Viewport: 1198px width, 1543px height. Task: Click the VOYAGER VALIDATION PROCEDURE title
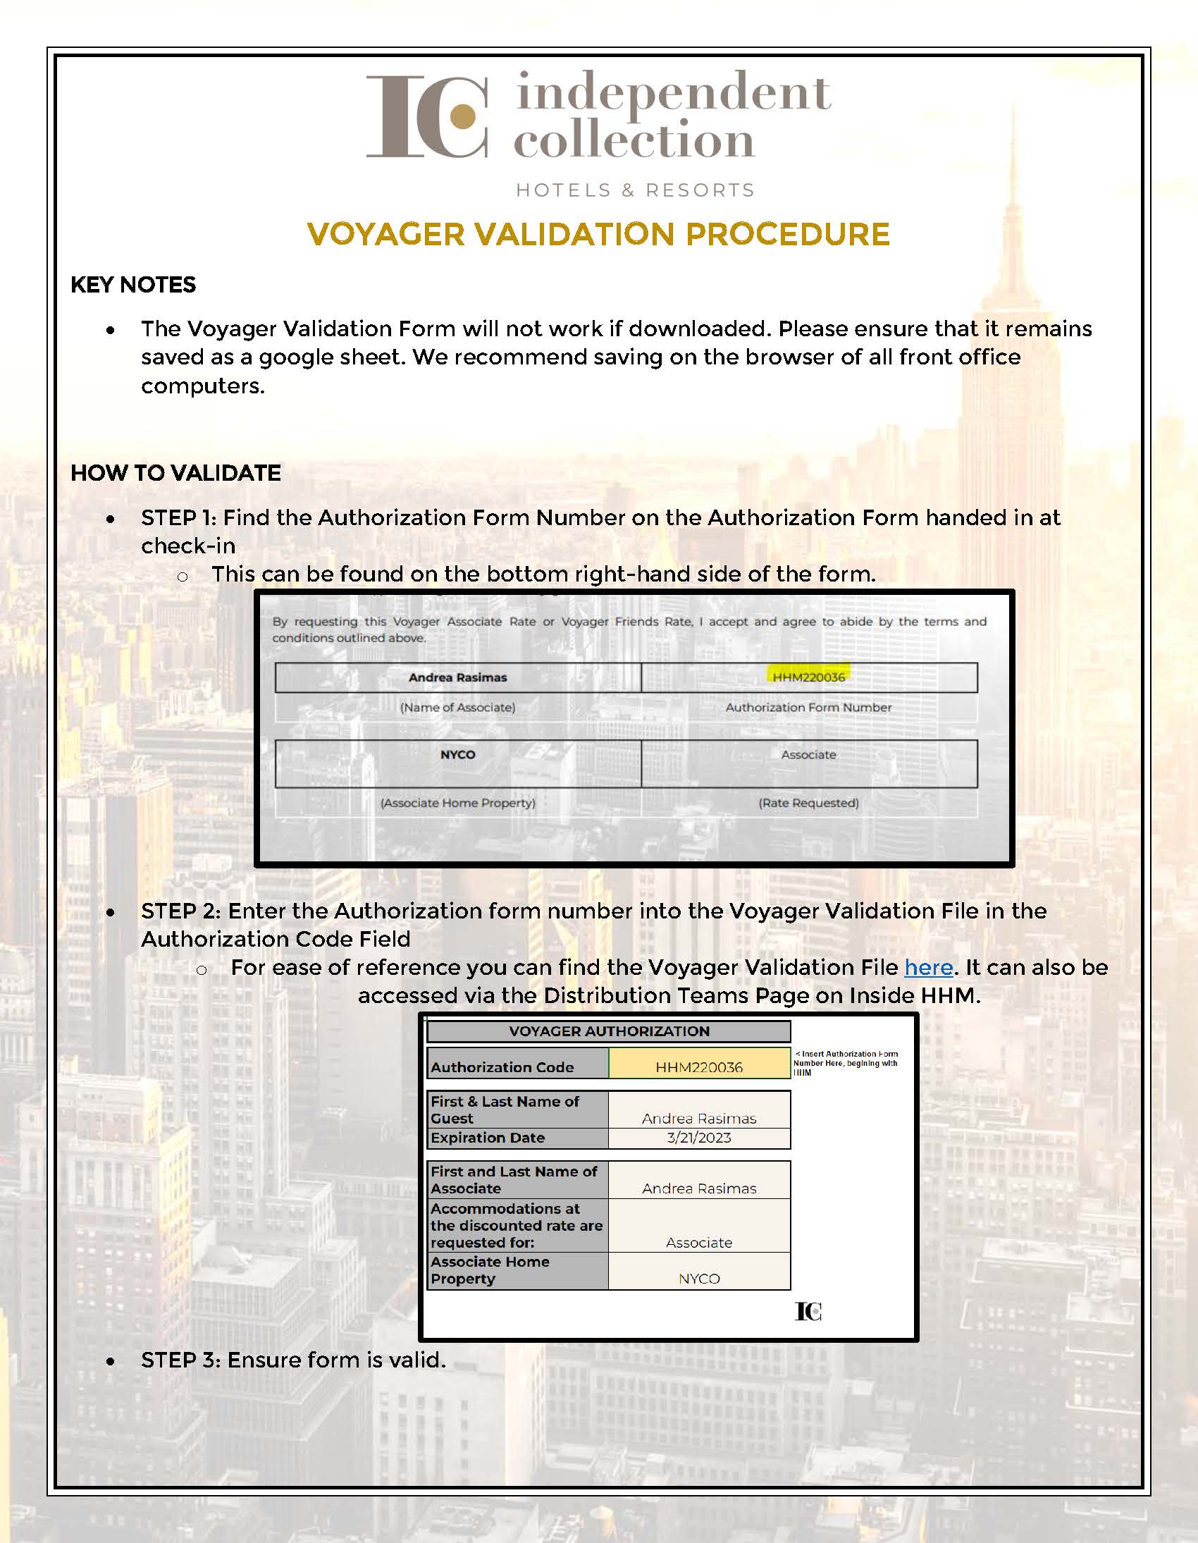click(598, 235)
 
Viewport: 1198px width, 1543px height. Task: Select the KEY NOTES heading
click(132, 285)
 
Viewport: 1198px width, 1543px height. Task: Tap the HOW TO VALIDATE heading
click(175, 473)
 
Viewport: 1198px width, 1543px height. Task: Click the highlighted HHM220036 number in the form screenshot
click(808, 677)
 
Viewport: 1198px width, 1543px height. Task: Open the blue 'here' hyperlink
click(928, 967)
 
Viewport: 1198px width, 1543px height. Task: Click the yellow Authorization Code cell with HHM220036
click(698, 1066)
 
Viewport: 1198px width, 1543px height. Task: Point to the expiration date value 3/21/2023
click(698, 1138)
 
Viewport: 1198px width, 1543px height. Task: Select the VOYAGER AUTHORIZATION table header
click(609, 1031)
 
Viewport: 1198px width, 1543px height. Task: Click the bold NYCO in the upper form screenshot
click(458, 754)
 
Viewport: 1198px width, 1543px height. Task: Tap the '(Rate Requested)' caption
click(808, 803)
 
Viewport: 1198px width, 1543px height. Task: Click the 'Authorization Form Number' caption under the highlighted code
click(808, 707)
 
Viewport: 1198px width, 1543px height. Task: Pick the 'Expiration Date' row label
click(488, 1138)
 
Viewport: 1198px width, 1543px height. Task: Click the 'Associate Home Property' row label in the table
click(490, 1270)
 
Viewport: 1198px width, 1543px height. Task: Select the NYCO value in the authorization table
click(698, 1278)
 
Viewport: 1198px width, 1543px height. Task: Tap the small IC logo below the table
click(808, 1311)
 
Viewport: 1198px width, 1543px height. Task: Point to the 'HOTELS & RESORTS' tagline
click(635, 190)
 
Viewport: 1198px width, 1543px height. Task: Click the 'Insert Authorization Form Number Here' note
click(845, 1062)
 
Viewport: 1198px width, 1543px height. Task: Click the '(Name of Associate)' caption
click(458, 707)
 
